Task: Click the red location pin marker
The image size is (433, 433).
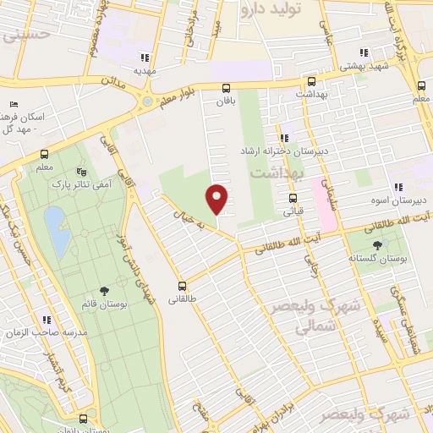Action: (x=217, y=198)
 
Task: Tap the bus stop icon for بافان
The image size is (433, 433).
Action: (x=226, y=87)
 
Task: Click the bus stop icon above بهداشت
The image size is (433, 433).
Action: (x=311, y=82)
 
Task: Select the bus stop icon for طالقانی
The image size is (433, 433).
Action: (x=181, y=286)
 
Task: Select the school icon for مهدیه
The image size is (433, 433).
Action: (x=145, y=58)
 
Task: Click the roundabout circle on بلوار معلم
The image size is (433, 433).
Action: (x=147, y=101)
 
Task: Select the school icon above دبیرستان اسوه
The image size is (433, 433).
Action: (x=397, y=188)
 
